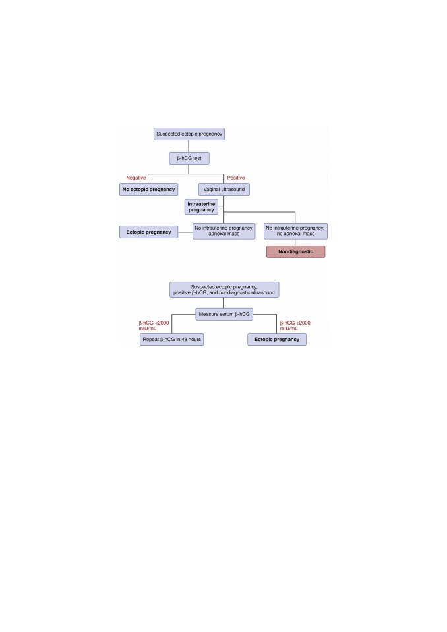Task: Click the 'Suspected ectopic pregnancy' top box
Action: [189, 134]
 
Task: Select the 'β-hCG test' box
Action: [189, 158]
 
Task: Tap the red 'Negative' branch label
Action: [136, 178]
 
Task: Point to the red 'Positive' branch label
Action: [236, 178]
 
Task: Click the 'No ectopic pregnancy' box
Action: [148, 190]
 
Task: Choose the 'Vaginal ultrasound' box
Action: [224, 190]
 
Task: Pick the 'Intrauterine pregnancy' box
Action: [201, 207]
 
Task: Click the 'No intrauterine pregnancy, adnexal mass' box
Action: [224, 231]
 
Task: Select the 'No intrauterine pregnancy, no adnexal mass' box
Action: [295, 231]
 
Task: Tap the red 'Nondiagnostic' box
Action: [295, 251]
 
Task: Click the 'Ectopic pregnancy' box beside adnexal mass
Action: [148, 232]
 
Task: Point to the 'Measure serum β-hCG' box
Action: [224, 314]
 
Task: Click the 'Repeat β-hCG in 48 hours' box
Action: [171, 340]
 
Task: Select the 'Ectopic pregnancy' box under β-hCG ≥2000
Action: [277, 340]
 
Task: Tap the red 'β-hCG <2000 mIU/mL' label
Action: [154, 325]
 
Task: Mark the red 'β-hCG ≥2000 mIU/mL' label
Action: [295, 325]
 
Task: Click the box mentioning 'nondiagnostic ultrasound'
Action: [224, 290]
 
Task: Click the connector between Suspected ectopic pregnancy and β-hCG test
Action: [189, 146]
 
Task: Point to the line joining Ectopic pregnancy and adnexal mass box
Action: [185, 232]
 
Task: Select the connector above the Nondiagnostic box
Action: [295, 242]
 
